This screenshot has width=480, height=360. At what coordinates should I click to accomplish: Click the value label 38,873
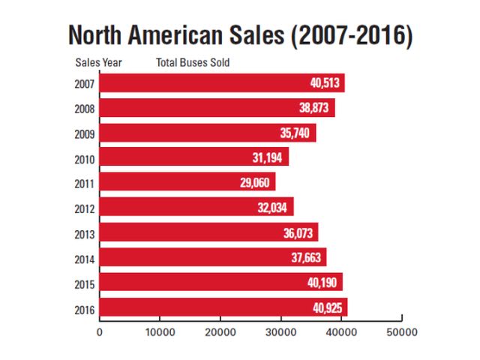click(x=315, y=107)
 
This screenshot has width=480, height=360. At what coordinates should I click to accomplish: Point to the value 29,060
click(x=256, y=182)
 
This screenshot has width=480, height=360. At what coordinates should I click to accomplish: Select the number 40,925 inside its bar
click(x=328, y=307)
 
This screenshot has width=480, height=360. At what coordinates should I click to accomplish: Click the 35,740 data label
click(x=296, y=133)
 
